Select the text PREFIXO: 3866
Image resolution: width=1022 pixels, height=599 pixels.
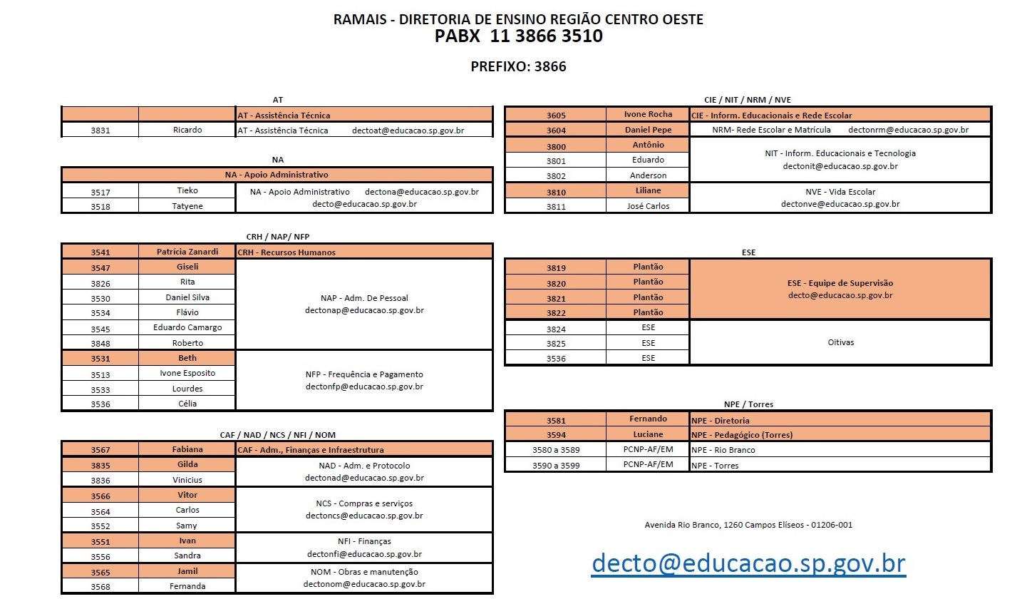[518, 67]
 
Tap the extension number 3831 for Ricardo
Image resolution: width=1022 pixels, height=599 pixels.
[100, 130]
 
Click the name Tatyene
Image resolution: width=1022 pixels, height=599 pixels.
[187, 206]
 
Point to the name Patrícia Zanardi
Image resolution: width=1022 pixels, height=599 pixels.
[187, 252]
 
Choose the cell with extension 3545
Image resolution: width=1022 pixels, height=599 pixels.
[100, 329]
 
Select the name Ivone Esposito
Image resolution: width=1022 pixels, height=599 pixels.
[187, 373]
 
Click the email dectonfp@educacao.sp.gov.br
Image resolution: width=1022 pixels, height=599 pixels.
[364, 387]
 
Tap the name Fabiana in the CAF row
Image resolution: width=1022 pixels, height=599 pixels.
[187, 450]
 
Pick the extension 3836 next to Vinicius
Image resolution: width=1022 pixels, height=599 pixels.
[100, 481]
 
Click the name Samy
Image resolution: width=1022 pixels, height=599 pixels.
[187, 526]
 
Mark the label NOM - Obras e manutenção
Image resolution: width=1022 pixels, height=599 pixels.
[364, 572]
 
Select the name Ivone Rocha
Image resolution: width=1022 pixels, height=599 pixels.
[648, 115]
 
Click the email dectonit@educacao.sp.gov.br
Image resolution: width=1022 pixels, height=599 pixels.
[840, 166]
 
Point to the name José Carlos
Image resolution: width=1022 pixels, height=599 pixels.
[648, 206]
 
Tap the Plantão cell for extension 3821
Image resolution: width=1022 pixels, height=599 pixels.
[648, 298]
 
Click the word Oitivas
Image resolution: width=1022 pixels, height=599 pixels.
[841, 342]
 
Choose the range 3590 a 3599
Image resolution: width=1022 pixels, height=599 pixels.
[555, 465]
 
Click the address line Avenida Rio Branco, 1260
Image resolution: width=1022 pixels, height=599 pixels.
[748, 526]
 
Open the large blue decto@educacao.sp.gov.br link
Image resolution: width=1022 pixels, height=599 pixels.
[748, 563]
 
